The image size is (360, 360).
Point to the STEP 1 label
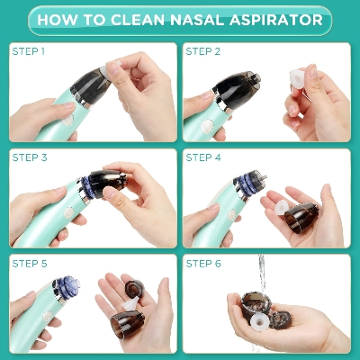(30, 51)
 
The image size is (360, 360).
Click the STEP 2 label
(202, 51)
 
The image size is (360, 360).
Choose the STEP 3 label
(30, 157)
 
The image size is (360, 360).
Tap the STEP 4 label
(202, 157)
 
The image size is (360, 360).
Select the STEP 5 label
(30, 262)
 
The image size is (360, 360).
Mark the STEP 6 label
(202, 262)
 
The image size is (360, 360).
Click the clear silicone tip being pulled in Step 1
(112, 67)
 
